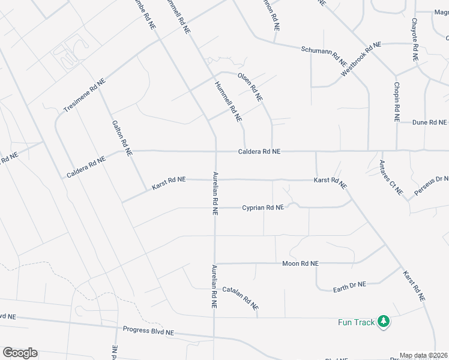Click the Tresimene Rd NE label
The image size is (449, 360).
click(x=84, y=95)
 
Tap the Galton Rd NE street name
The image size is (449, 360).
click(x=122, y=138)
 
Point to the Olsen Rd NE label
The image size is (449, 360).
click(x=250, y=87)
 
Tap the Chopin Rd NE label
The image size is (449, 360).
click(x=397, y=102)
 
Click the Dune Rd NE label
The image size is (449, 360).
click(x=429, y=122)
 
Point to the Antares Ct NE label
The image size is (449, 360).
click(x=391, y=178)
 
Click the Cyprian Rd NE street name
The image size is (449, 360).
click(x=262, y=208)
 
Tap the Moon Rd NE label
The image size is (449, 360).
click(x=300, y=263)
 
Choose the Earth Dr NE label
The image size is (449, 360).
click(x=349, y=288)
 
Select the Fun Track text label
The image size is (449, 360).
click(x=352, y=323)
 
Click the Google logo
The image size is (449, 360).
click(x=20, y=353)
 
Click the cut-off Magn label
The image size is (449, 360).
click(x=441, y=12)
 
